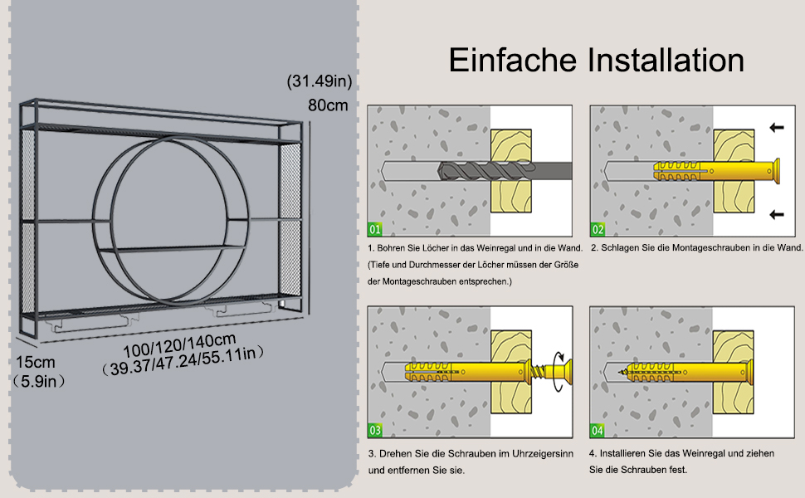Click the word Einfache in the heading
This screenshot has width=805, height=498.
513,60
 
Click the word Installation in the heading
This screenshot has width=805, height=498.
666,60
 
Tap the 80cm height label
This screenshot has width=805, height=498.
328,105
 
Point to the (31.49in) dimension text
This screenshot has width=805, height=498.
320,81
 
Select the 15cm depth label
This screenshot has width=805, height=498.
36,362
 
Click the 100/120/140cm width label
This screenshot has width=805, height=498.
180,345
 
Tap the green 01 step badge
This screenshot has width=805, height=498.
375,229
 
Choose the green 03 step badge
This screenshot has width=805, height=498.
375,430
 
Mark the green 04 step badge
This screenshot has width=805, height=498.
597,430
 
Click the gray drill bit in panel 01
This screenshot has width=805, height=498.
505,170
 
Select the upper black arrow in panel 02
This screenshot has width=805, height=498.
777,127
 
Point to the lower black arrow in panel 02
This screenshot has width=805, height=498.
777,215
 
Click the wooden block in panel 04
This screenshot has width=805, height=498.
733,372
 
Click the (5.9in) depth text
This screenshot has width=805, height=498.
39,382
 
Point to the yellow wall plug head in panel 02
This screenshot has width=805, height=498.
775,171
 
